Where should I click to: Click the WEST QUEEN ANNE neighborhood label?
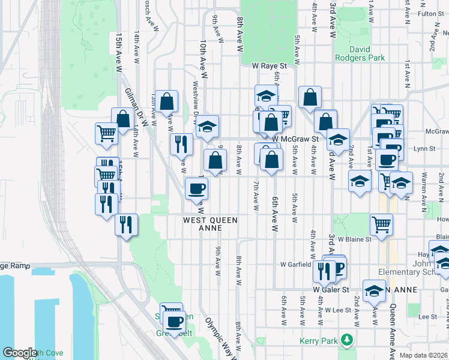tap(211, 221)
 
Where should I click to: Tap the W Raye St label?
tap(270, 65)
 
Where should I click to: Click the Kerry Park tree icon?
tap(346, 340)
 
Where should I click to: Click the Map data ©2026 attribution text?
tap(424, 355)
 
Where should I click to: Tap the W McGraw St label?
tap(294, 139)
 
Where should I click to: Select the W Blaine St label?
tap(354, 239)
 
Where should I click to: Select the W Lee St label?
tap(337, 310)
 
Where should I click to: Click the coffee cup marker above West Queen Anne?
tap(196, 190)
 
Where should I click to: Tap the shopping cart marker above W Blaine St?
tap(381, 225)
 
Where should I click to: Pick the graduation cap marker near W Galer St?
tap(374, 291)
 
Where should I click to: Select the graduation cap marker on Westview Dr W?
tap(208, 127)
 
